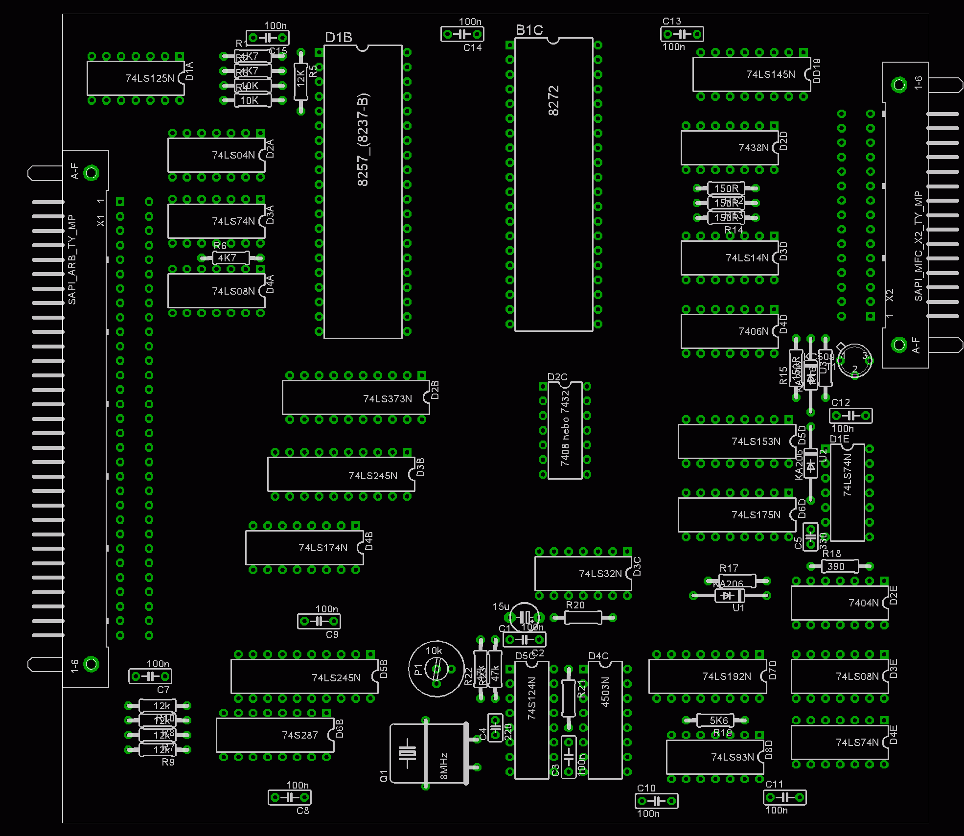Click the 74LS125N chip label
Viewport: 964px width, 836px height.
[x=149, y=78]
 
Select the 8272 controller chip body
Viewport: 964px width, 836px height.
[x=553, y=184]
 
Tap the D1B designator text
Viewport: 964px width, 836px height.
[x=338, y=38]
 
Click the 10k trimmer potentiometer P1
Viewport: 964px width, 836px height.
[x=436, y=669]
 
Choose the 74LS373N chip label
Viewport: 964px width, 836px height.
[x=387, y=399]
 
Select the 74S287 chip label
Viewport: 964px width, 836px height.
[x=299, y=735]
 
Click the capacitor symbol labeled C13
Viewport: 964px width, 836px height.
[x=682, y=34]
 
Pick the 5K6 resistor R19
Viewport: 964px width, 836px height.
[x=718, y=720]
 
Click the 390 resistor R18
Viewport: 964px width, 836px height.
[x=836, y=566]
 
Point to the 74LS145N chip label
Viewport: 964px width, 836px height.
[x=770, y=74]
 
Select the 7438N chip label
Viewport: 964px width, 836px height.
[x=753, y=148]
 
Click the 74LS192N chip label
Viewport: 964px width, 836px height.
[x=726, y=676]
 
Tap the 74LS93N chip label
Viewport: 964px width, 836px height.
[x=732, y=757]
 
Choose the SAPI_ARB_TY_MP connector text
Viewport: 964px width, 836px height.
[x=72, y=259]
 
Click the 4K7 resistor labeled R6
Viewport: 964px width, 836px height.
[x=227, y=258]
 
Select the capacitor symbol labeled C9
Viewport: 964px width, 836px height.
[x=319, y=622]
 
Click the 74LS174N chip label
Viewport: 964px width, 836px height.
[x=323, y=548]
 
